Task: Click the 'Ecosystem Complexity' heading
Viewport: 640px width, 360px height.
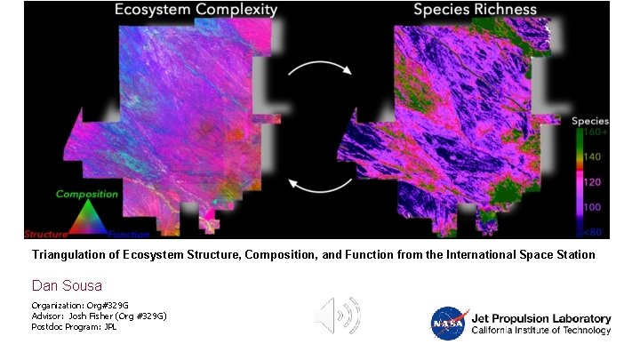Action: (195, 11)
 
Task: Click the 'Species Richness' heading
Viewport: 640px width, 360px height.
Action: (480, 11)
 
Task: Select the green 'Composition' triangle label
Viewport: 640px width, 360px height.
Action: (87, 194)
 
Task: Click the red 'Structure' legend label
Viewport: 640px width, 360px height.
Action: (45, 235)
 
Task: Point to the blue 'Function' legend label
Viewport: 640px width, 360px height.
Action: (130, 235)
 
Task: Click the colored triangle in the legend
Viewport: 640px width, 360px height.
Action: (87, 217)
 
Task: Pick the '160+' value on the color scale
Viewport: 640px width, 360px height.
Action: (596, 132)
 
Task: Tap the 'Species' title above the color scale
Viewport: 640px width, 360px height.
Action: (590, 120)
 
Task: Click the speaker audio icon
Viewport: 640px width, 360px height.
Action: (338, 315)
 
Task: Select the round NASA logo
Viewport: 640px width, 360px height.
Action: (447, 324)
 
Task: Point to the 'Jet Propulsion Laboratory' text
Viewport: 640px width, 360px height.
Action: (540, 318)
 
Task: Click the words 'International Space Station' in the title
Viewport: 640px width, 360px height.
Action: (520, 255)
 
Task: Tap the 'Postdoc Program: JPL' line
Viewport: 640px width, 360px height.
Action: (74, 326)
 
